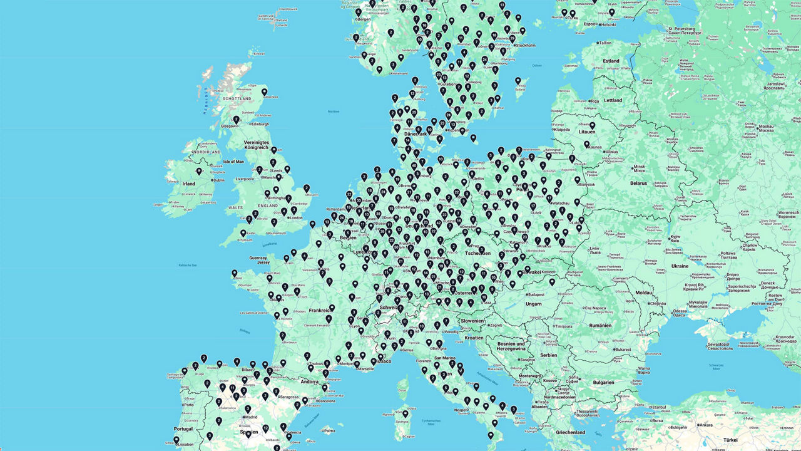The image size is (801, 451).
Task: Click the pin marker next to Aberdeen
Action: point(264,93)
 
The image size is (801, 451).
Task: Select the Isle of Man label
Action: point(233,162)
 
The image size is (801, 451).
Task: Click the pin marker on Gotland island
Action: point(518,81)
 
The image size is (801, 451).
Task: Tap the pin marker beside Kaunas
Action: point(587,145)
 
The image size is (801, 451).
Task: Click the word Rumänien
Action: point(599,325)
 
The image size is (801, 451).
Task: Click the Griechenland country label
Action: point(570,432)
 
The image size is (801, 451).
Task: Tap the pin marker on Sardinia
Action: point(405,413)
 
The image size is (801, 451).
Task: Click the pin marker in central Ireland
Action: point(199,171)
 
